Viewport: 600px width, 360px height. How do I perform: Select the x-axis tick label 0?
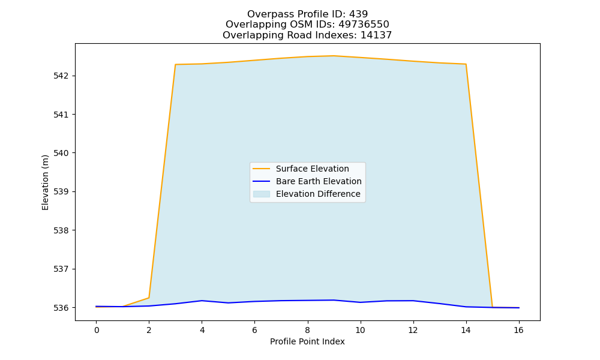click(97, 330)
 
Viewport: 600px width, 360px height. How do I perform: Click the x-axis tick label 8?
click(307, 330)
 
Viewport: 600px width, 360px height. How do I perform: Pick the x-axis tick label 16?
click(518, 330)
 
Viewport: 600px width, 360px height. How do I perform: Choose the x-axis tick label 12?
click(413, 330)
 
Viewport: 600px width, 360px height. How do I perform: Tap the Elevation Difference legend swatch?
click(262, 194)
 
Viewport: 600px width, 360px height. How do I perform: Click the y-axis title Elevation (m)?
click(45, 182)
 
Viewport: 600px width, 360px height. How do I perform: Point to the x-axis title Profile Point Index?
click(307, 341)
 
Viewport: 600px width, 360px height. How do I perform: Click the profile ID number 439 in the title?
click(358, 14)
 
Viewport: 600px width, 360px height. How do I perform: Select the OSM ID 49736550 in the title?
click(364, 25)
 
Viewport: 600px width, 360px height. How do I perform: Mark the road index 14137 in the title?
click(376, 35)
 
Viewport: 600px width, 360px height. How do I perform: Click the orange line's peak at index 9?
click(334, 56)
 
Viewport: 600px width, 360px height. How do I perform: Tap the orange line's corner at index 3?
click(175, 65)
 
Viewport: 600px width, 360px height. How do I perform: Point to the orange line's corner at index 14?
click(466, 64)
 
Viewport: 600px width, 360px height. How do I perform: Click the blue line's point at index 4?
click(202, 301)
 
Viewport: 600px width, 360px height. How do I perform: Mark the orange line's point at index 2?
click(149, 298)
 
